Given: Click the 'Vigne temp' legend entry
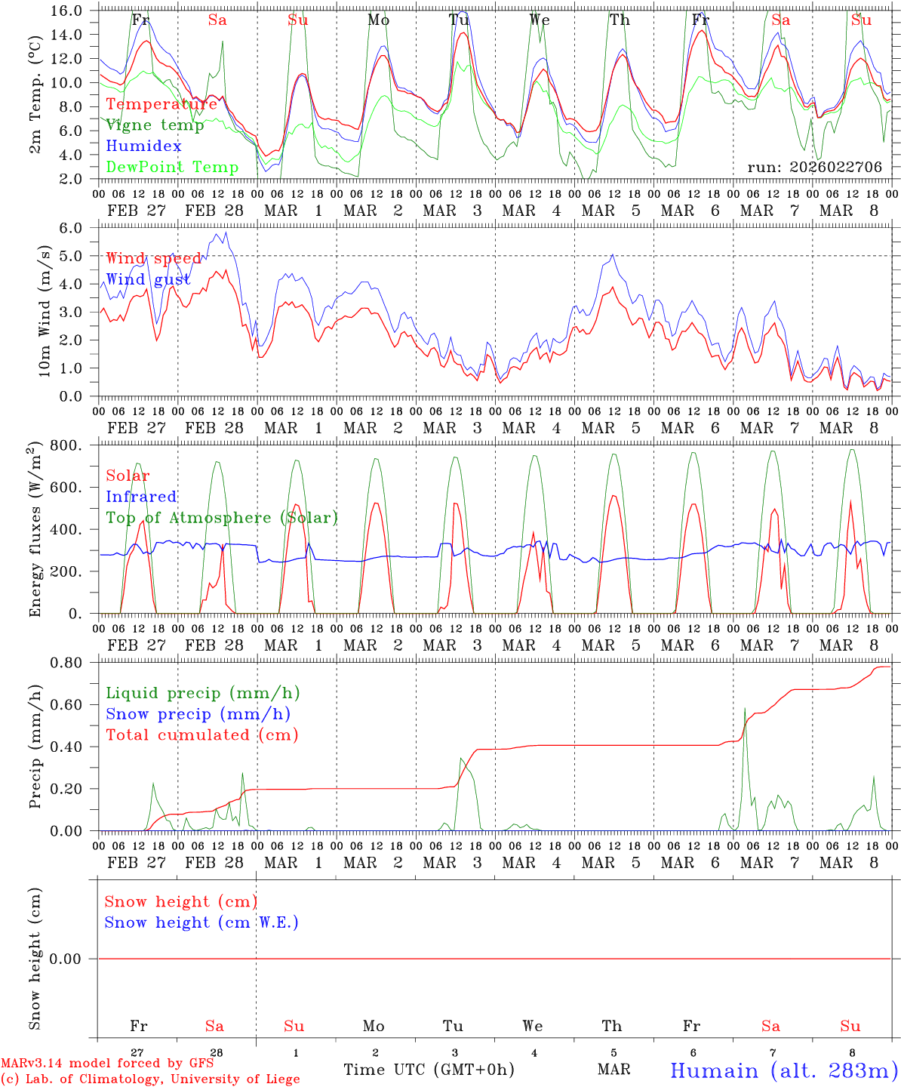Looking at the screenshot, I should coord(155,125).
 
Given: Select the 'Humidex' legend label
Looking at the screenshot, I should coord(143,146).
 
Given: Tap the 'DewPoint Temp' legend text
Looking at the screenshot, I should coord(172,168).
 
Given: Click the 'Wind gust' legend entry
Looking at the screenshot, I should coord(148,280).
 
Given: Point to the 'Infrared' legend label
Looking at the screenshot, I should coord(141,497).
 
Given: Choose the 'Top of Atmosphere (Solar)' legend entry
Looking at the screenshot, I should coord(222,518).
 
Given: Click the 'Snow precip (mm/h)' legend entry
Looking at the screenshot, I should coord(198,714).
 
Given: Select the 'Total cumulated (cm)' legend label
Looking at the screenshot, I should coord(201,735).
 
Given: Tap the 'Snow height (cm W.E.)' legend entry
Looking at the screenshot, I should coord(201,922).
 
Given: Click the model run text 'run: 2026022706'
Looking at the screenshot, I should coord(815,168).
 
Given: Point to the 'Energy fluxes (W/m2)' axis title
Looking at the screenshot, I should coord(35,531).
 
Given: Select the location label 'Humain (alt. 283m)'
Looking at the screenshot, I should coord(783,1071).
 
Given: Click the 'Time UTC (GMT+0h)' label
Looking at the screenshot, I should coord(429,1070).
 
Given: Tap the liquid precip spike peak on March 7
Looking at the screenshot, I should coord(745,709).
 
